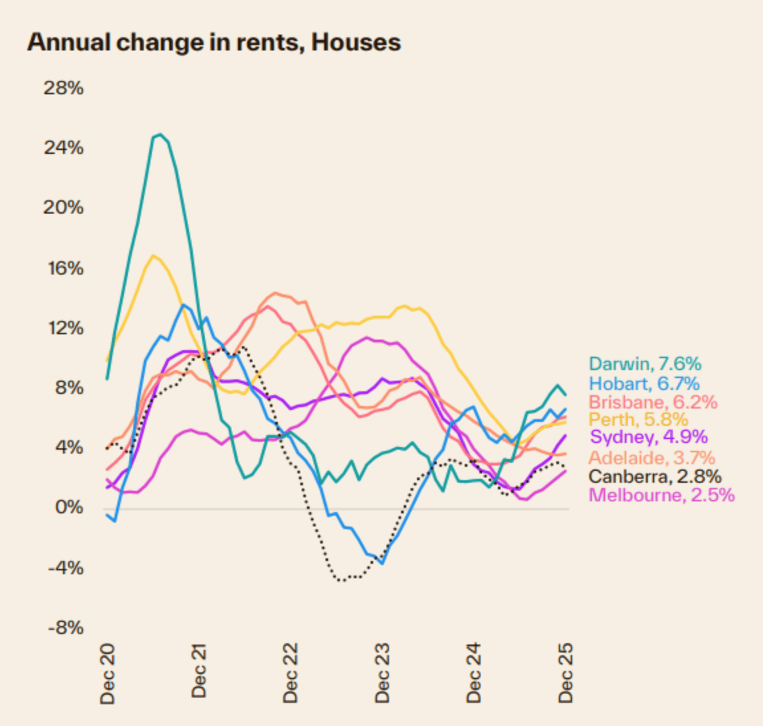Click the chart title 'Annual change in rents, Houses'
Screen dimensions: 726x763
click(x=213, y=42)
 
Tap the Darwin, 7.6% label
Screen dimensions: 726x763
click(x=644, y=363)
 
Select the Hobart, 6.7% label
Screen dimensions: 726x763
click(x=644, y=383)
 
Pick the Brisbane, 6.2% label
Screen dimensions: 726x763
click(x=652, y=402)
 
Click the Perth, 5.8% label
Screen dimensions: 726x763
click(x=638, y=419)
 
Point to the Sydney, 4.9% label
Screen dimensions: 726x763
click(x=648, y=437)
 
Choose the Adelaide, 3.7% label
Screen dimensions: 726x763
click(x=652, y=457)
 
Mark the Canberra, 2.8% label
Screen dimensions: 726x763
click(x=654, y=476)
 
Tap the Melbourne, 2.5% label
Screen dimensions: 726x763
click(x=661, y=495)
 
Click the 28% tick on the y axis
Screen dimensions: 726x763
click(x=64, y=88)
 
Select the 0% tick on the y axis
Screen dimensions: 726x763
click(x=69, y=508)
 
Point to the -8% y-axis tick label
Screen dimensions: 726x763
click(x=66, y=628)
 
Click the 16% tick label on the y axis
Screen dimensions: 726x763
click(x=64, y=268)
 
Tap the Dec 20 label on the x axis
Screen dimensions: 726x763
click(x=107, y=672)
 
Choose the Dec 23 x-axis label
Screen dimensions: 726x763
click(x=382, y=672)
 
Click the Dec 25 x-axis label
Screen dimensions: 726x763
click(x=565, y=672)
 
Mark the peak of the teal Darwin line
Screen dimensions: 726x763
click(x=160, y=135)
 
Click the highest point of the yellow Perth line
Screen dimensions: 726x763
click(x=153, y=255)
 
